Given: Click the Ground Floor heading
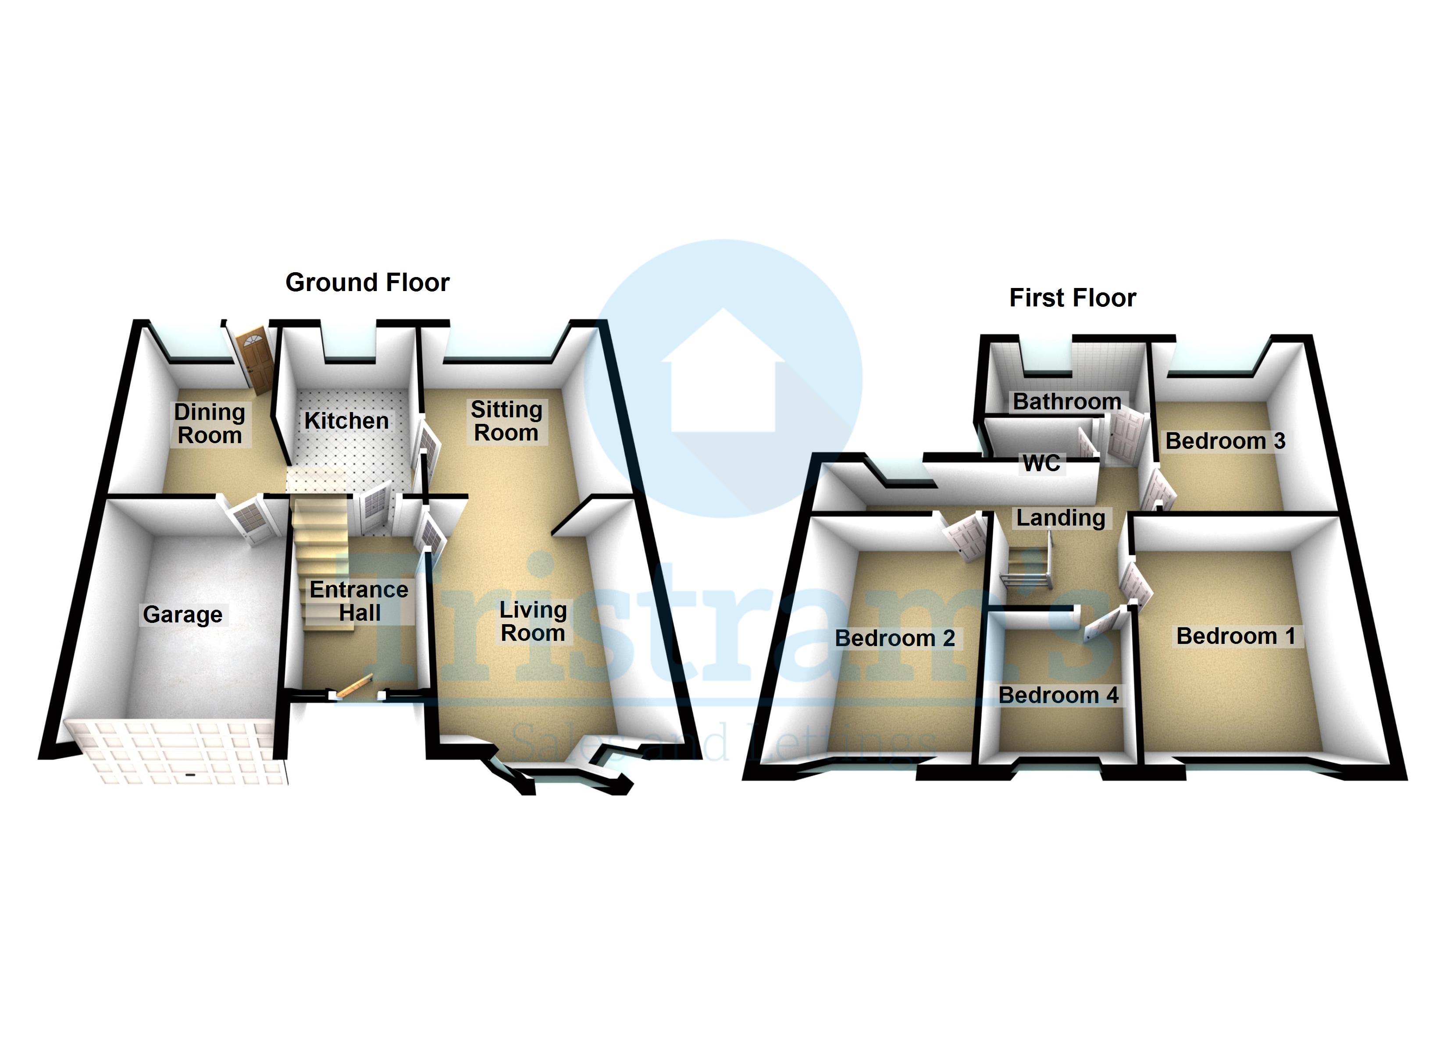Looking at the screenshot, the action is point(367,282).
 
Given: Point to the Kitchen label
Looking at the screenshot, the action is point(346,421).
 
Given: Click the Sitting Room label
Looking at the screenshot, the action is point(506,421).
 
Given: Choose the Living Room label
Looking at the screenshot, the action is point(533,622).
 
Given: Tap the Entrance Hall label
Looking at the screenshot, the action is point(359,601).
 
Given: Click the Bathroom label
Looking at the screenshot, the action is point(1067,401).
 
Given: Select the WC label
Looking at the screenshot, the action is point(1041,463).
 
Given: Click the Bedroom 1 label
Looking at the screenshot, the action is point(1235,636).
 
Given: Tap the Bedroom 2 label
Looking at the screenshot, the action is point(895,638).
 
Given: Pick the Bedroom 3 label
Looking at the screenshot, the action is point(1225,441).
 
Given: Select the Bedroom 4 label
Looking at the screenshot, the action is point(1059,695).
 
